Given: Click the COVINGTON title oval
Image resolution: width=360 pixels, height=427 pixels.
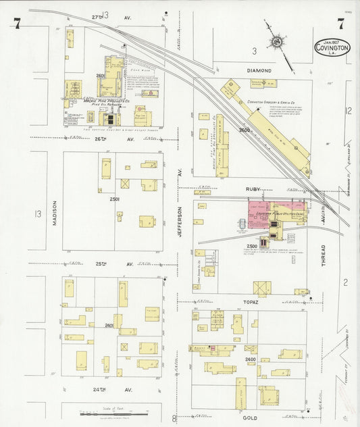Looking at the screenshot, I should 332,49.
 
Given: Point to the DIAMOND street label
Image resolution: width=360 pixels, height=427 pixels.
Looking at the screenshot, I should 259,70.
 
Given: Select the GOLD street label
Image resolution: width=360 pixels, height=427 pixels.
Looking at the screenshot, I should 250,418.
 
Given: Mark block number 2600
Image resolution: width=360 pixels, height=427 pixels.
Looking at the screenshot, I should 244,130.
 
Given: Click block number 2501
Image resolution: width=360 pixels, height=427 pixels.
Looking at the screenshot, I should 114,199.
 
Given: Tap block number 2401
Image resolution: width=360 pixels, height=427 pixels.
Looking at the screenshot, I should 109,325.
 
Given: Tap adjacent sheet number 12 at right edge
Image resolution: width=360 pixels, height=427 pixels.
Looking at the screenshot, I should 349,110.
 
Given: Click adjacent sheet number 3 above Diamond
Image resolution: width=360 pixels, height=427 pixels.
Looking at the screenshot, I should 254,51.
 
